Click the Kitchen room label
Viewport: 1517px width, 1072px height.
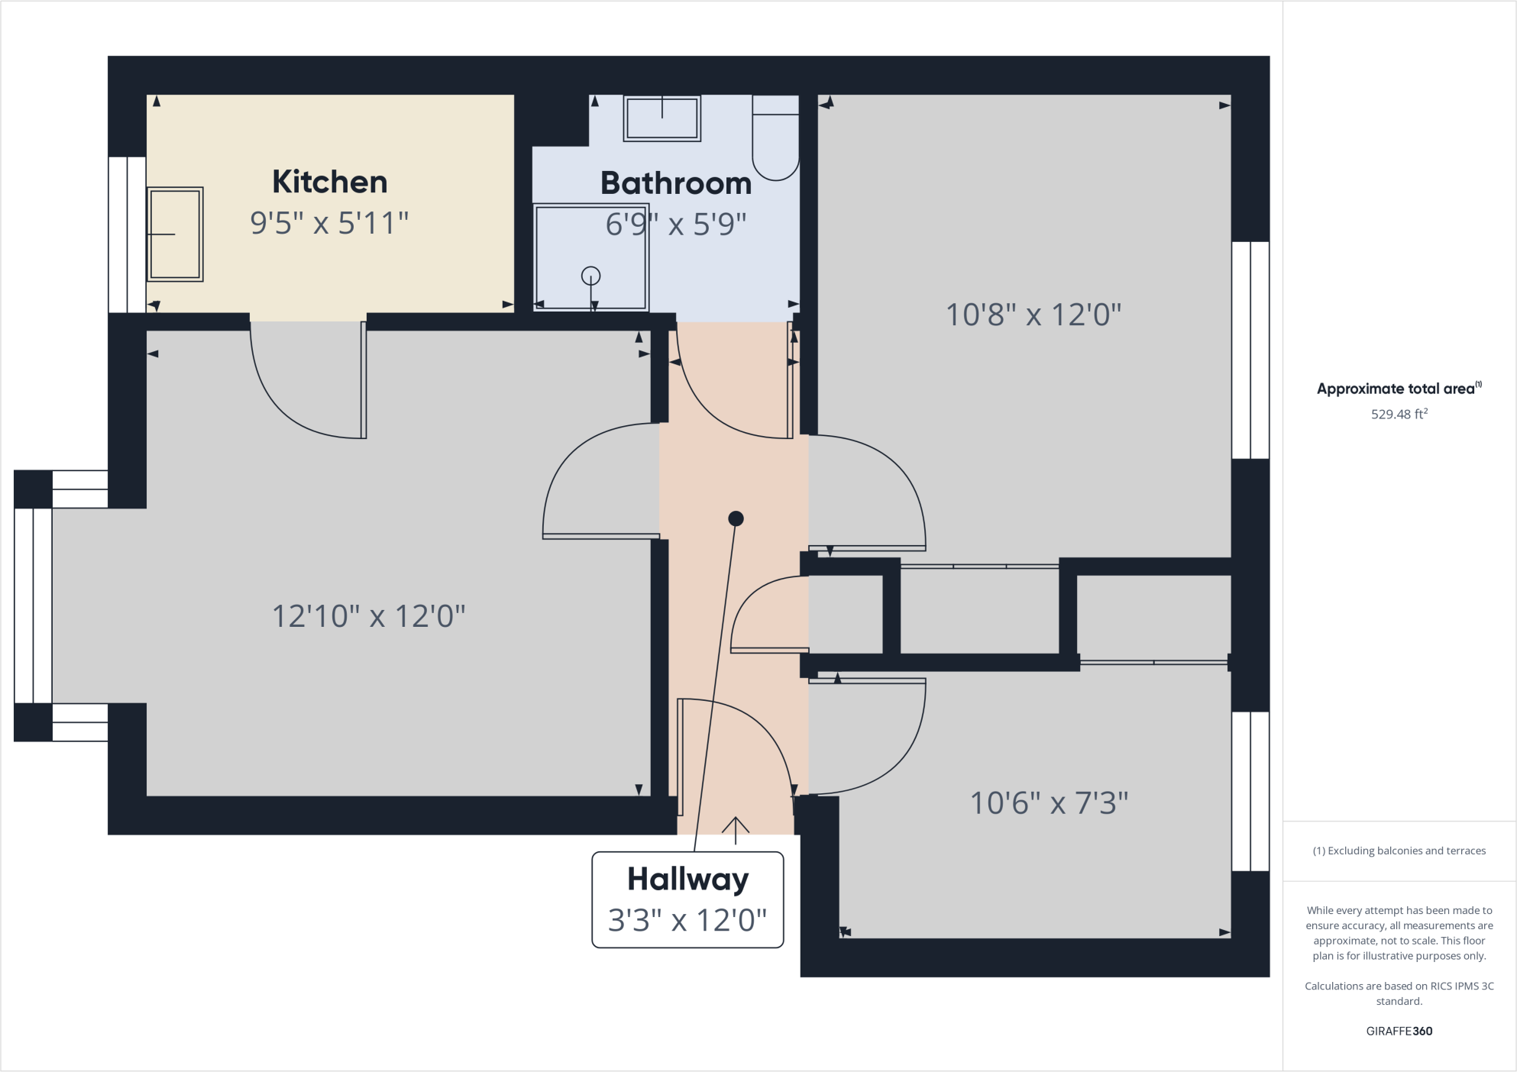330,182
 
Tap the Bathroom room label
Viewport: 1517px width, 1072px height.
676,183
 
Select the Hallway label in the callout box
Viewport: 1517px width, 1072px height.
687,880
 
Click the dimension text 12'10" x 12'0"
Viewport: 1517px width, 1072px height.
369,616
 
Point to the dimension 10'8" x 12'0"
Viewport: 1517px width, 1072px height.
1033,315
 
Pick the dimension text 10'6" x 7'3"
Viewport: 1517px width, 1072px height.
1049,803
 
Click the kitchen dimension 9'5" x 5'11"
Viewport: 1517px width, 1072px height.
330,223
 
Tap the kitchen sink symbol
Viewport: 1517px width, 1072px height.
175,234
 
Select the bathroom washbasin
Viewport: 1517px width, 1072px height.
661,118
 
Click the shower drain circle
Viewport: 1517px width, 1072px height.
590,276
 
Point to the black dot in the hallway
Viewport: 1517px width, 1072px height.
736,519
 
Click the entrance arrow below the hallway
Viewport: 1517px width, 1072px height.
736,829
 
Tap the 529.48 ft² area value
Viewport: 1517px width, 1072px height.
1399,415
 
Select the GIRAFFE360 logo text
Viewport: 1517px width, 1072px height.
1399,1031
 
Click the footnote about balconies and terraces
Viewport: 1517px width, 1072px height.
1399,851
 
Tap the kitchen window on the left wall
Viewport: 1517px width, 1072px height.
127,234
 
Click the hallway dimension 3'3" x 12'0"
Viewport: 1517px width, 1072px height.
687,920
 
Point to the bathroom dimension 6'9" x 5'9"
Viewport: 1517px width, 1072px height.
676,224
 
